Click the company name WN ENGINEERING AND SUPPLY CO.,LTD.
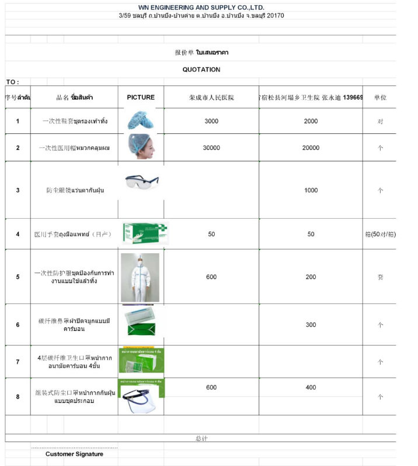coord(201,7)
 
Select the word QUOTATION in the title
coord(201,70)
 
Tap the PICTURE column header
coord(141,97)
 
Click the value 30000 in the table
coord(211,148)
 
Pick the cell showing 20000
coord(311,148)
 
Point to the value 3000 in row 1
coord(211,121)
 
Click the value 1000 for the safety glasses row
coord(311,190)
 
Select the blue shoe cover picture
coord(140,120)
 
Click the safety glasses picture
coord(141,181)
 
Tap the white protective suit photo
coord(140,277)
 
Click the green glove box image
coord(144,233)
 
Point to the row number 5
coord(18,277)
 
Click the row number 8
coord(18,396)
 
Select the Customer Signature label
coord(74,454)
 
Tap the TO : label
coord(12,82)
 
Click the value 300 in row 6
coord(311,325)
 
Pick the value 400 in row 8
coord(311,388)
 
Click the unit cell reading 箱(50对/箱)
coord(379,234)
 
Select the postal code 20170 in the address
coord(274,16)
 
